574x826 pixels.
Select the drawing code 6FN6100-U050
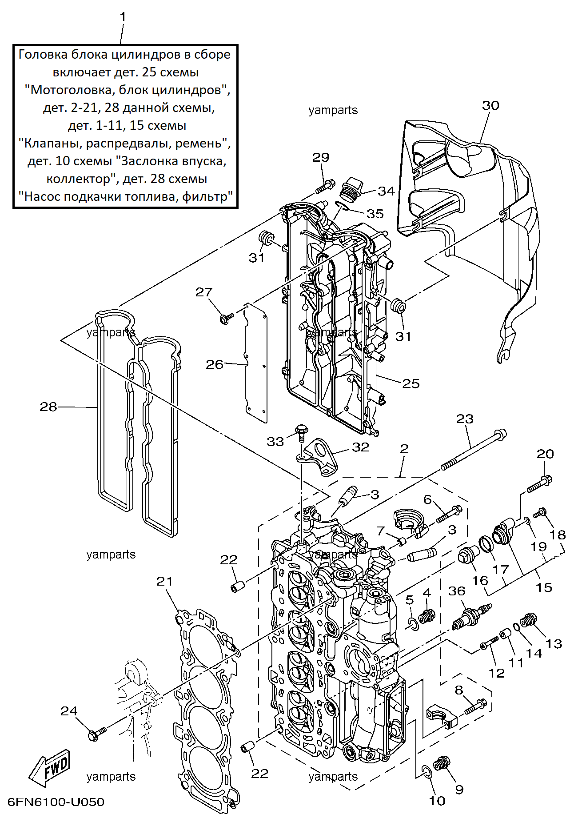point(56,802)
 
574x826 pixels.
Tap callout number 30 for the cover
point(490,105)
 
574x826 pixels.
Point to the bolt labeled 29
point(325,186)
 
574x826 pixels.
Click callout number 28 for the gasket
point(48,407)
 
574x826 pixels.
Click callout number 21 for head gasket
point(164,581)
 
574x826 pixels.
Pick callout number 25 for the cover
point(411,383)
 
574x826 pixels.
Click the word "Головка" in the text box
point(43,54)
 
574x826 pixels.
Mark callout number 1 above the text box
point(123,17)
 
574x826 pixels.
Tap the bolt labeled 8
point(475,706)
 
